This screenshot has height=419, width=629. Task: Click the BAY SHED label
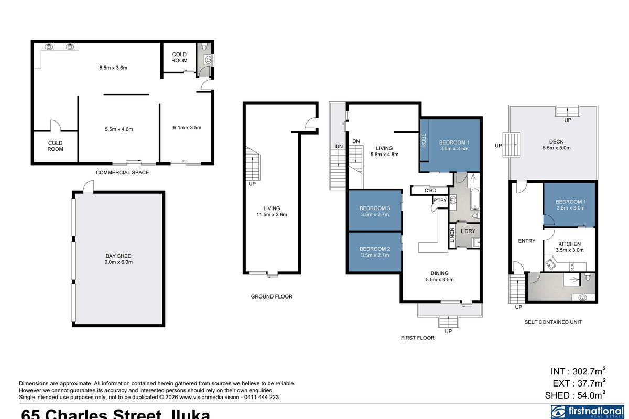click(x=118, y=256)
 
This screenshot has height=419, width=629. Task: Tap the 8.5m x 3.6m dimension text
click(x=114, y=68)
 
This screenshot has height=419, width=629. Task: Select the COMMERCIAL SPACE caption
click(x=122, y=172)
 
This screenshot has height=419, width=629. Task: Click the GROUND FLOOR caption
click(x=271, y=296)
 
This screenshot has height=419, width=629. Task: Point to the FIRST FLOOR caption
click(x=417, y=338)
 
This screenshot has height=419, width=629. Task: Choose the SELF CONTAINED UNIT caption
click(x=553, y=322)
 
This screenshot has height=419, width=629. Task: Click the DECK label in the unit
click(x=556, y=141)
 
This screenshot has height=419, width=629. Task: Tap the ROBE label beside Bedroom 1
click(x=424, y=141)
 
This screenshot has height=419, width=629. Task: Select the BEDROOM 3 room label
click(x=374, y=208)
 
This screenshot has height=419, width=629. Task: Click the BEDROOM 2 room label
click(x=374, y=249)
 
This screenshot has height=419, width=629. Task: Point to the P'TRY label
click(x=439, y=200)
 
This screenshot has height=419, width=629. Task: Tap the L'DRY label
click(x=467, y=231)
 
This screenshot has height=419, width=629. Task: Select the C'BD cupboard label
click(x=430, y=191)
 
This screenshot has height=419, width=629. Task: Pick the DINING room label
click(x=439, y=273)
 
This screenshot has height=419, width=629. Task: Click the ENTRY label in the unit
click(x=527, y=241)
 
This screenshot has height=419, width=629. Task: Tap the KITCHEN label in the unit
click(x=569, y=244)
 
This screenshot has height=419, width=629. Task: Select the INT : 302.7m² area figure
click(x=579, y=371)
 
